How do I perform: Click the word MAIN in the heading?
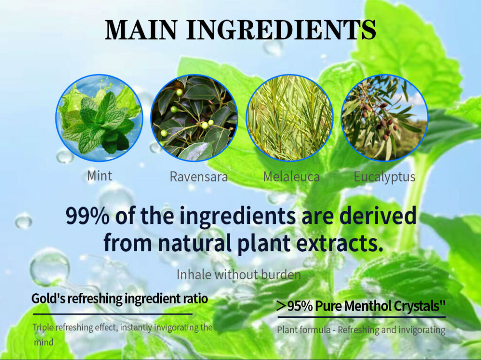coord(141,30)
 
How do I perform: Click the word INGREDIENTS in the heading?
coord(281,30)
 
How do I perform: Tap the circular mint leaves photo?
coord(99,118)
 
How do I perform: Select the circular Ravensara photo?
coord(194,118)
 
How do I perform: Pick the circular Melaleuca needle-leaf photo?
coord(289,118)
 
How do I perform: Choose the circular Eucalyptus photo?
coord(384,118)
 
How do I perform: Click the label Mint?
coord(100,176)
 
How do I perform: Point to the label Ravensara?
coord(199,176)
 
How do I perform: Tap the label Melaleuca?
coord(291,176)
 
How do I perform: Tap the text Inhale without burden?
coord(239,275)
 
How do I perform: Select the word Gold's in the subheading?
coord(48,299)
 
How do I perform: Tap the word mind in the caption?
coord(44,342)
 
